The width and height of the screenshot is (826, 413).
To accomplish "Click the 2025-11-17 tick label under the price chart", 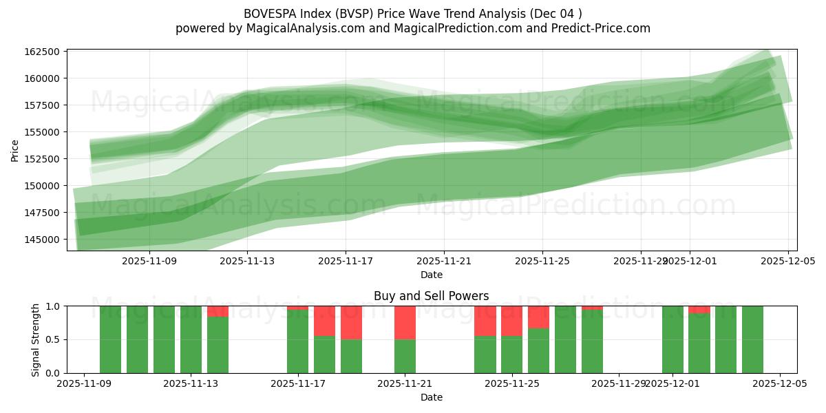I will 346,262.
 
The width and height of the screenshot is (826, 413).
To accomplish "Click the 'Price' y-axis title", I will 15,149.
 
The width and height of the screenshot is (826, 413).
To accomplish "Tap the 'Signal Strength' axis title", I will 36,339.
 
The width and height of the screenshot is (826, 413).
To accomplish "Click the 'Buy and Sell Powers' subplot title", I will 431,296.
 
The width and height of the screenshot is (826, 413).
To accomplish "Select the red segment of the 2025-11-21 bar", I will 405,322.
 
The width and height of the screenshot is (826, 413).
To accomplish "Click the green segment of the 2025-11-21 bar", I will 405,356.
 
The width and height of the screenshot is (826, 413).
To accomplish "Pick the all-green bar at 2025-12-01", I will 673,339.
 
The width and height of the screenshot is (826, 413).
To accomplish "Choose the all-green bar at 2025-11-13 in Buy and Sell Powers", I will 191,339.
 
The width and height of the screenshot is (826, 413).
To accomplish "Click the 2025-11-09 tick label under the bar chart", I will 84,384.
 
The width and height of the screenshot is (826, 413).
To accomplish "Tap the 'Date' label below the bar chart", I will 431,397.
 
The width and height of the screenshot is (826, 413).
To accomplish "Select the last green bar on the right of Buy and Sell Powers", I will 752,339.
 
